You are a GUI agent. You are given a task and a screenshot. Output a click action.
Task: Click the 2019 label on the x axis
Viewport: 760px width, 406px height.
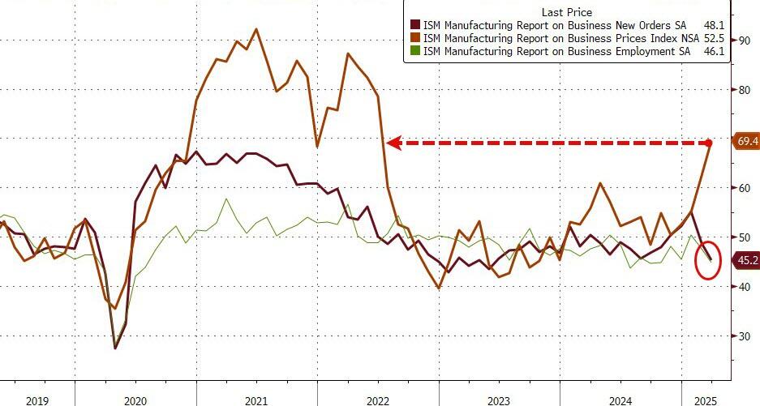point(36,400)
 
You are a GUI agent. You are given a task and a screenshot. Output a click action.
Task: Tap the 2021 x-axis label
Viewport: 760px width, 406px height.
point(256,400)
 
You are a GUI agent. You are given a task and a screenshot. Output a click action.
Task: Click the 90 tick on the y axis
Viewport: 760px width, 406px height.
point(743,40)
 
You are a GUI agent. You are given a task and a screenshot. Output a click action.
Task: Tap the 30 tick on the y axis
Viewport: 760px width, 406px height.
point(743,335)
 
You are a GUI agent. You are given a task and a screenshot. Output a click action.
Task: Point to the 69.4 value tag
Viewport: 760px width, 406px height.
point(746,142)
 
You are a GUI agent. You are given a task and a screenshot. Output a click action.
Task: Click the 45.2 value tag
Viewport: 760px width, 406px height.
point(746,260)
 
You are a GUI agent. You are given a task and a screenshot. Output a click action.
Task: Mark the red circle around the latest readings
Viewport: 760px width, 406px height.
point(708,259)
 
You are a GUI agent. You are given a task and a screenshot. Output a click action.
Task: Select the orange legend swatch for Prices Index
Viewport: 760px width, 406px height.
point(415,38)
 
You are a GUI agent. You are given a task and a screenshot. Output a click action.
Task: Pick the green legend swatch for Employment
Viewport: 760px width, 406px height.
point(415,51)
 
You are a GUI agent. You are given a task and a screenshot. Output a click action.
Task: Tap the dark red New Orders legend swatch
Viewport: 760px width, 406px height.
point(415,25)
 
